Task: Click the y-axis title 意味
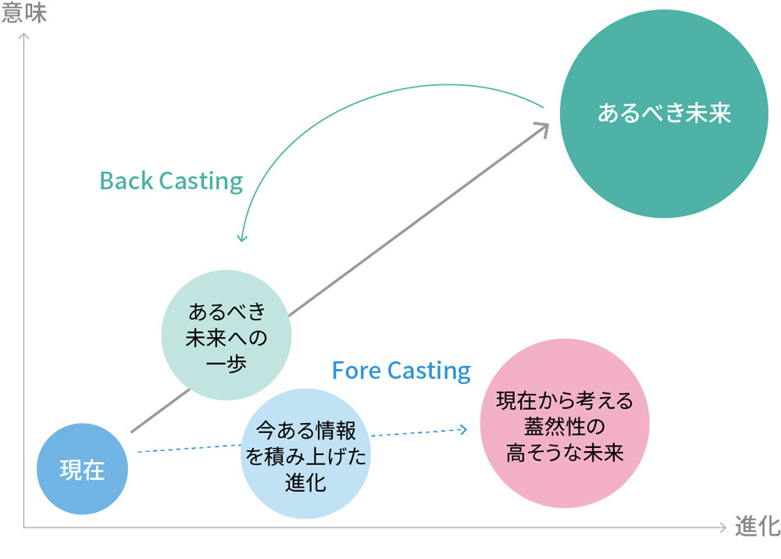click(x=24, y=13)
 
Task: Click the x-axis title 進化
click(x=756, y=527)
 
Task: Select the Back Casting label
click(x=171, y=181)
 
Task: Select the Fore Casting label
click(x=401, y=370)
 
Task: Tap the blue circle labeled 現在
click(x=82, y=470)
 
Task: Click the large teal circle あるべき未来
click(x=663, y=114)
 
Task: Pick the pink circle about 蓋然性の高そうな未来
click(x=565, y=423)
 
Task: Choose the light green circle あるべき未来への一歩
click(x=226, y=335)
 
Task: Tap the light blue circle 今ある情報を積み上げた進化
click(x=305, y=455)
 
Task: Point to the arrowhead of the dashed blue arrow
click(x=464, y=428)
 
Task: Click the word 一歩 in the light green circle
click(x=226, y=364)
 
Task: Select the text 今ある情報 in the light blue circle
click(x=305, y=430)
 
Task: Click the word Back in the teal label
click(x=127, y=181)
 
